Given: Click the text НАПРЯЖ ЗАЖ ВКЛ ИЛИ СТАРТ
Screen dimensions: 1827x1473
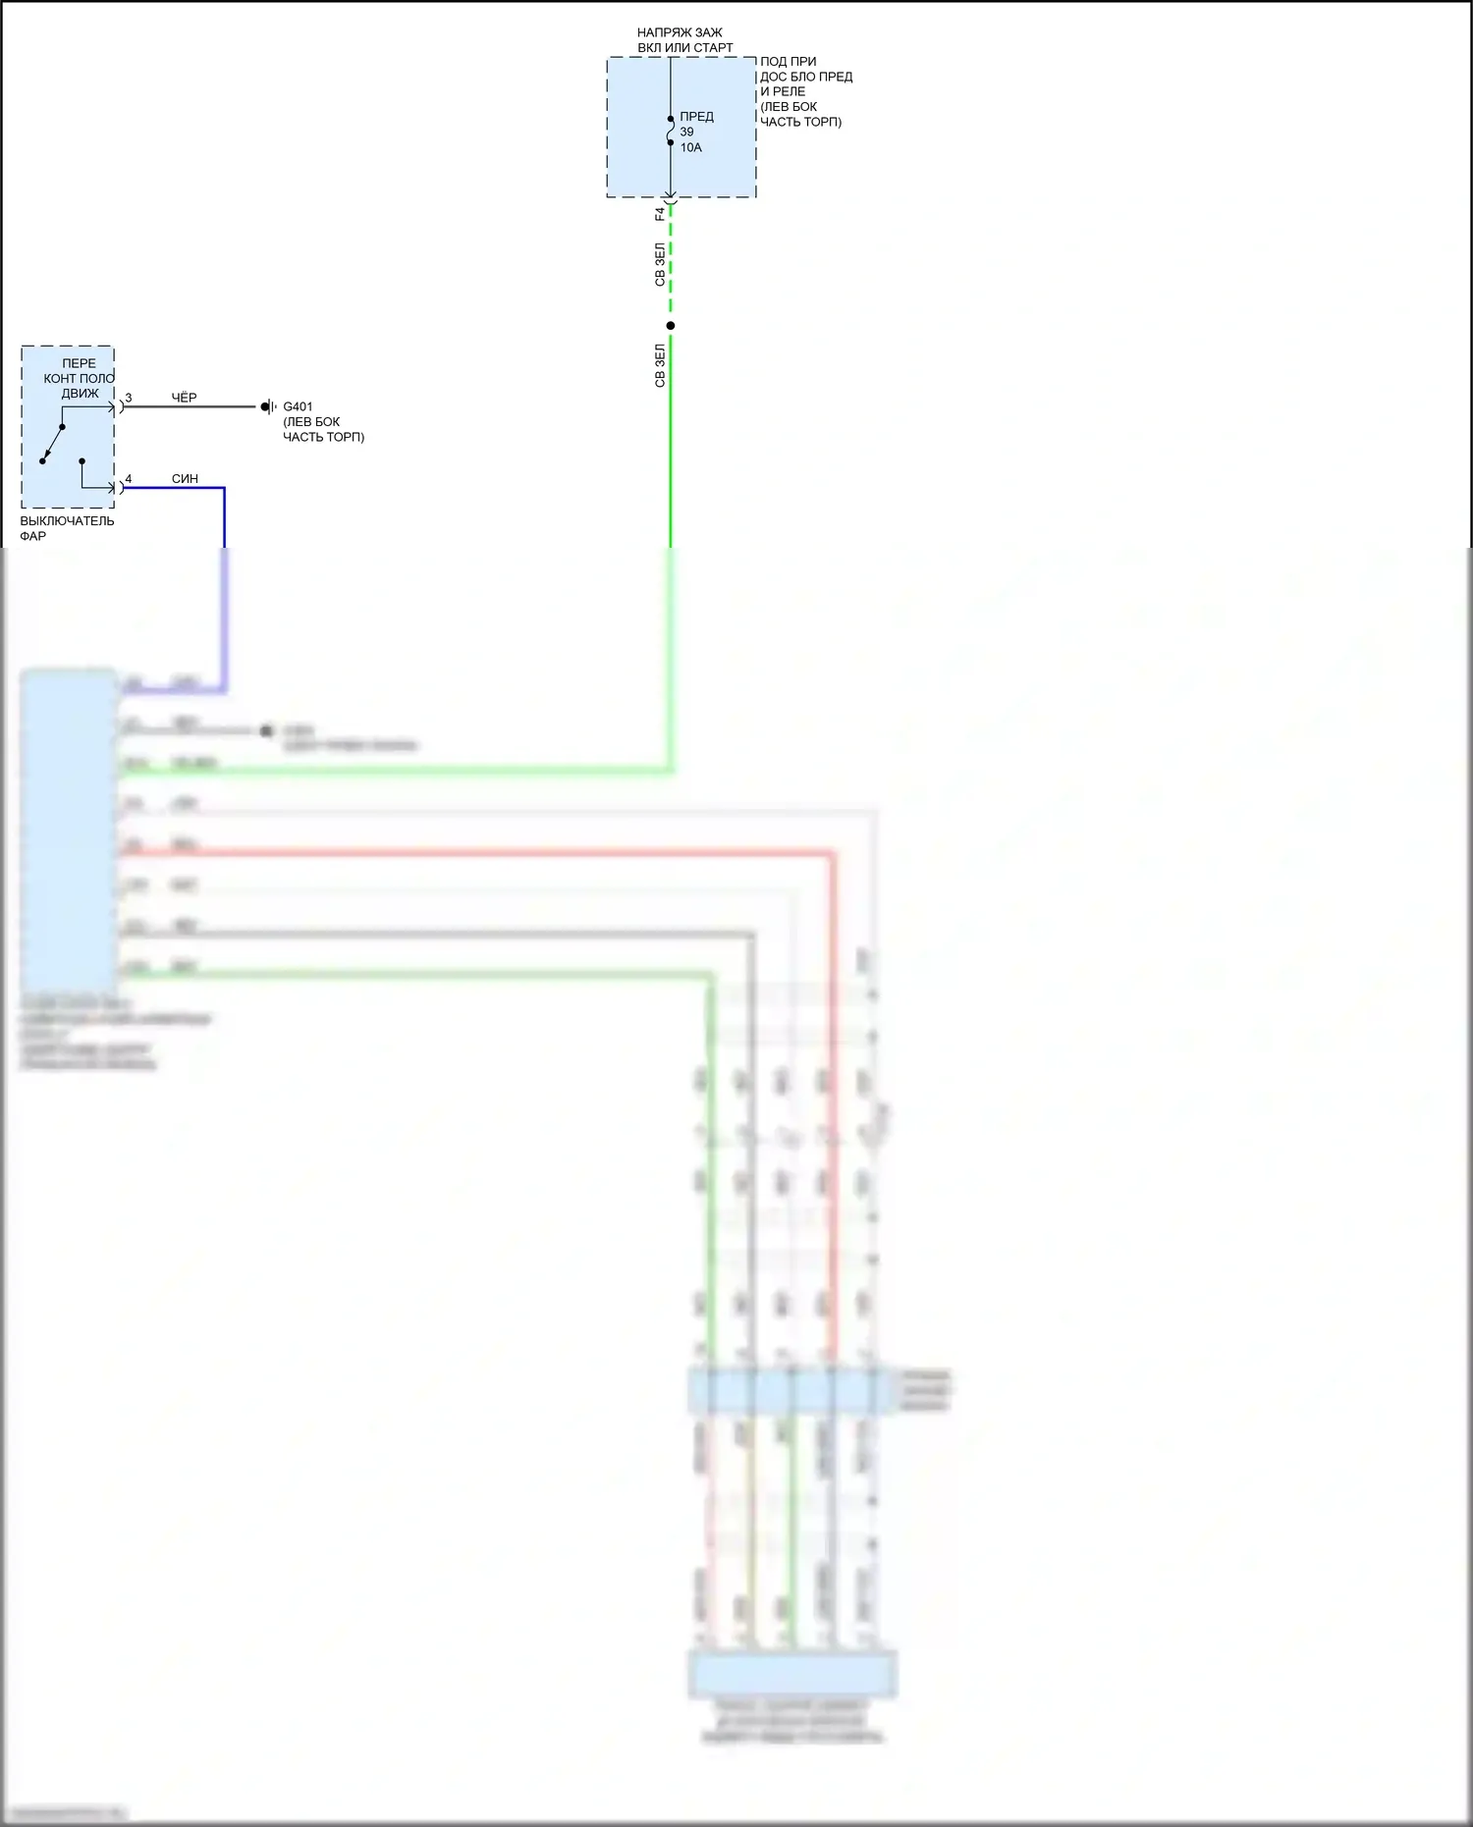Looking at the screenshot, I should [x=684, y=40].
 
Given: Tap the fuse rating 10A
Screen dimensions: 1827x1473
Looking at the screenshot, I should [x=690, y=147].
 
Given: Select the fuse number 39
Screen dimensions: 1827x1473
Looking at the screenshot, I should [x=686, y=132].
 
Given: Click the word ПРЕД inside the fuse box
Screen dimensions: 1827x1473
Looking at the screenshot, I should [x=696, y=116].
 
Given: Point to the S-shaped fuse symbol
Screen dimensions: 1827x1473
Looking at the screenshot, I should [x=671, y=131].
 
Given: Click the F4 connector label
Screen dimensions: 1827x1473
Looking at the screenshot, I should [x=660, y=214].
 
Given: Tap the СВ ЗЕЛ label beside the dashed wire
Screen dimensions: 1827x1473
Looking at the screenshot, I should [x=660, y=265].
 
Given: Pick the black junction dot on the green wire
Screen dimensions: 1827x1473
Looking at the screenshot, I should [x=671, y=326].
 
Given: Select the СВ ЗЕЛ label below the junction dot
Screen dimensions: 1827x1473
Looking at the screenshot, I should [x=660, y=365].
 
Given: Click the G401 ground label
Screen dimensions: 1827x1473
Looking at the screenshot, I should [x=298, y=406].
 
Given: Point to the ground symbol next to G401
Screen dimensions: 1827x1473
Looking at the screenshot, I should [x=267, y=406].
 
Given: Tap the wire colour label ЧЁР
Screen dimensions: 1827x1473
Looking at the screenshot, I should [x=184, y=398].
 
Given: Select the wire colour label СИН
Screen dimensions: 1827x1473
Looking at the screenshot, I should [x=185, y=479].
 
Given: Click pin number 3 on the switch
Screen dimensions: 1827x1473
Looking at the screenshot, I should [x=129, y=398].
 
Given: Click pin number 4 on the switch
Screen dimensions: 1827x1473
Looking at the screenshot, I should [x=129, y=479].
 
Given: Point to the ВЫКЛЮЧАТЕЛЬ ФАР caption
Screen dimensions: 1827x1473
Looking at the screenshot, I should [x=67, y=528].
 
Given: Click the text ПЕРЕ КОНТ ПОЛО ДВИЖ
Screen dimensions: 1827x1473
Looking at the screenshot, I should [x=79, y=378].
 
